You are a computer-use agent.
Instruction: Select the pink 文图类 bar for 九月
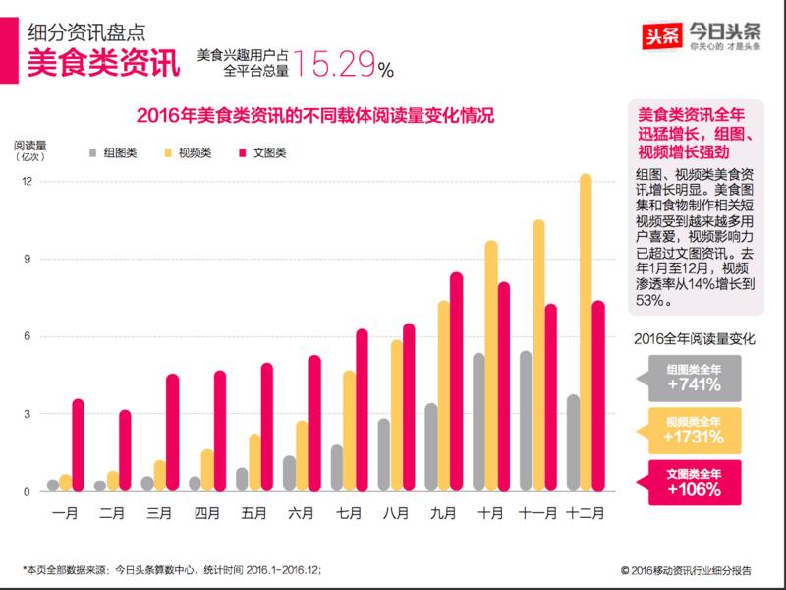point(457,383)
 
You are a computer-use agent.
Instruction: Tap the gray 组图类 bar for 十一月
point(526,422)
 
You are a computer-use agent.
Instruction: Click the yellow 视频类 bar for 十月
point(491,366)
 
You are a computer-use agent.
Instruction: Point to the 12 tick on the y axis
point(28,182)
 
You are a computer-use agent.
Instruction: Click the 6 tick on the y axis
point(28,336)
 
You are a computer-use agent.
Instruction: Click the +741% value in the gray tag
point(699,385)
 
